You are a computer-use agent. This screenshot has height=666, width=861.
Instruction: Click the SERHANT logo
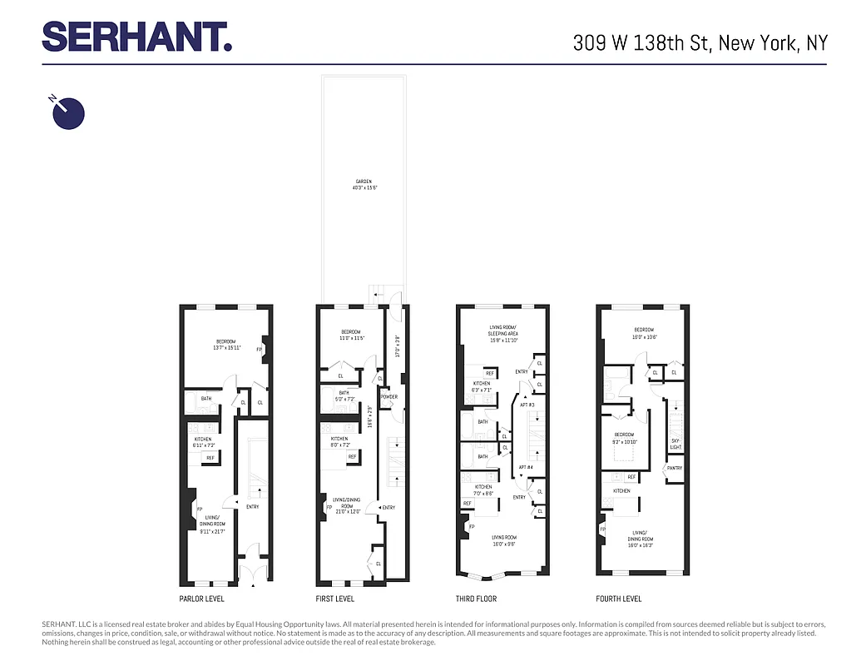136,37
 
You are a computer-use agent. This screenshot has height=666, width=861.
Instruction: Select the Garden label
364,184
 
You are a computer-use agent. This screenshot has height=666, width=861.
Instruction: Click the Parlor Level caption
202,599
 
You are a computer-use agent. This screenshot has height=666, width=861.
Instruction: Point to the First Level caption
335,599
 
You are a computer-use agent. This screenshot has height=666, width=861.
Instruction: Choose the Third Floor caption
477,599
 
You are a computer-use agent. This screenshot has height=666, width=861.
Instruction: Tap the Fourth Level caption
619,599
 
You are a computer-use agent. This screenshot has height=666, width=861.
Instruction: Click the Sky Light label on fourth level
675,444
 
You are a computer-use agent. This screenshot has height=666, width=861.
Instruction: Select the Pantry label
675,468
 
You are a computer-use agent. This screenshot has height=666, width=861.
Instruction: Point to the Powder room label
389,397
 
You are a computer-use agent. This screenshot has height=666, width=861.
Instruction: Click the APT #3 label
526,404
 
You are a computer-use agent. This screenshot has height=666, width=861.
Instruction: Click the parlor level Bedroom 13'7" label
226,345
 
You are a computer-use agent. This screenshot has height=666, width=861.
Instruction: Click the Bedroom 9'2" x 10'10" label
624,438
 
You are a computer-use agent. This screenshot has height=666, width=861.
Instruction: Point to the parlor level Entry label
253,506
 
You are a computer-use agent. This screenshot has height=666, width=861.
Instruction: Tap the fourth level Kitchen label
621,491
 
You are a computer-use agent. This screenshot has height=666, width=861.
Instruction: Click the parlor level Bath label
206,399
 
